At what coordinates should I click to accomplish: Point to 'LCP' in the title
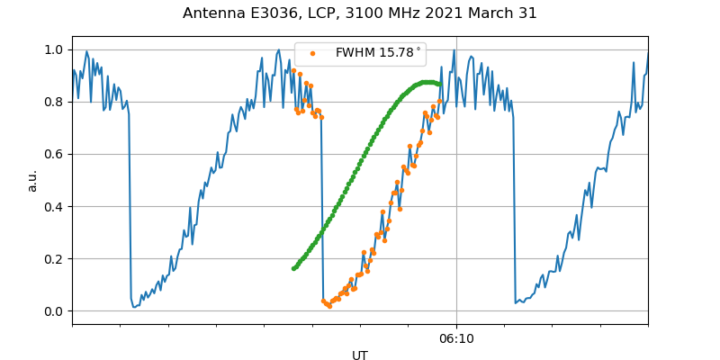tap(327, 13)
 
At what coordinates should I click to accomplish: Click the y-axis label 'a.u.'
tap(32, 180)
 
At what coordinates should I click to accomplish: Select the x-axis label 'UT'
tap(360, 355)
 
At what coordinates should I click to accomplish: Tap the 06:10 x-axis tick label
tap(456, 338)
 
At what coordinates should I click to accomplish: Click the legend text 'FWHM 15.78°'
tap(378, 53)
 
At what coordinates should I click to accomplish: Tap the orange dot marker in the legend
tap(311, 53)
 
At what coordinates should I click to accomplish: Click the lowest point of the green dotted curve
tap(293, 268)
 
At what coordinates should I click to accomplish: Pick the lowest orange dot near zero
tap(329, 306)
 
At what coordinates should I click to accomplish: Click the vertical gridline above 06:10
tap(456, 180)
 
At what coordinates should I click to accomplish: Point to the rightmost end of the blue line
tap(647, 52)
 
